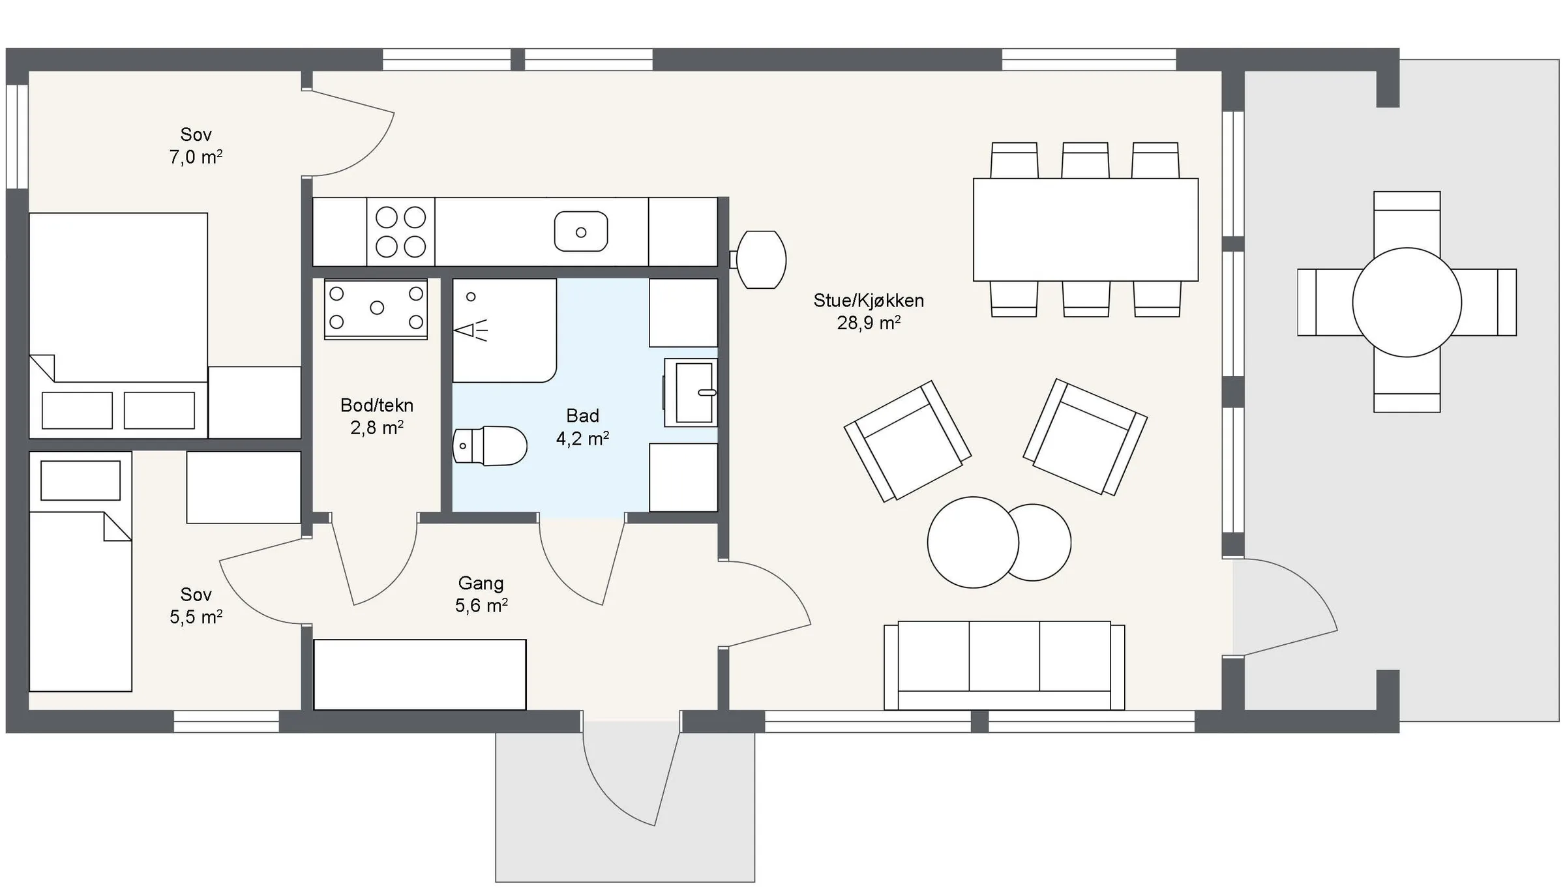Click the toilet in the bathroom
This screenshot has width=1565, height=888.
(490, 446)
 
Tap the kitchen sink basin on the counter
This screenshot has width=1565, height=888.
(581, 231)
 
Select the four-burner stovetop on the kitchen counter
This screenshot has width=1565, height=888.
(401, 232)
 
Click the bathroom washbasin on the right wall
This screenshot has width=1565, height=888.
(691, 392)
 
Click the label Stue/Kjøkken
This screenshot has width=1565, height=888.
(869, 301)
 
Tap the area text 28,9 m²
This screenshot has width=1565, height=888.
(869, 323)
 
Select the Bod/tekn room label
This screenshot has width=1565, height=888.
(377, 406)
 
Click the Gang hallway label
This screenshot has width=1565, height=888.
(481, 584)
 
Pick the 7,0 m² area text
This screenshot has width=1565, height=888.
(196, 157)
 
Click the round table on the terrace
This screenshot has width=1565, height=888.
(1407, 303)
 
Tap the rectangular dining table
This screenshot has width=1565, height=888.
(1086, 229)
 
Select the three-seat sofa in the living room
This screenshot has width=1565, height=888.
(1004, 666)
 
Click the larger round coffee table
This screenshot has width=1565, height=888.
(973, 542)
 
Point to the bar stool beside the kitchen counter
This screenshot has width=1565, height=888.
(760, 259)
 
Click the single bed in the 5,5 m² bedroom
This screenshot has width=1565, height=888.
(80, 571)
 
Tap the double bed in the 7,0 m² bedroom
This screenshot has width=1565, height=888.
(118, 325)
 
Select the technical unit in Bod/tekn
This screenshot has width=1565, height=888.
(376, 309)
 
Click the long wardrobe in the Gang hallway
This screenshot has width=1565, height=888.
(420, 674)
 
